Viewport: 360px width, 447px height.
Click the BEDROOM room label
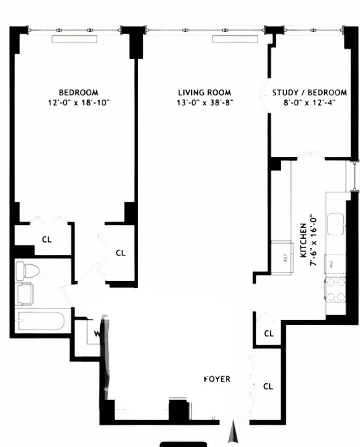(x=79, y=92)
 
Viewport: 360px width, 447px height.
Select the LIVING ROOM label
(x=204, y=92)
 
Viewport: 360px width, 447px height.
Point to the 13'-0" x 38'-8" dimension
(x=204, y=102)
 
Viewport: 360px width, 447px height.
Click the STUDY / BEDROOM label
(x=309, y=92)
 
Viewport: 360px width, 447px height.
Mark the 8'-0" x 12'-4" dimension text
(x=309, y=102)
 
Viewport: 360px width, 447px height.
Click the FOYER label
(x=216, y=379)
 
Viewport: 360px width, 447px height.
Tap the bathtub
(x=40, y=322)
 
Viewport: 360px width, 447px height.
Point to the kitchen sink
(x=337, y=224)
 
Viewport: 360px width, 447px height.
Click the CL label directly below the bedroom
(x=46, y=240)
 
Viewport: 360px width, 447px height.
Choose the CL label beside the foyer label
(x=268, y=387)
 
